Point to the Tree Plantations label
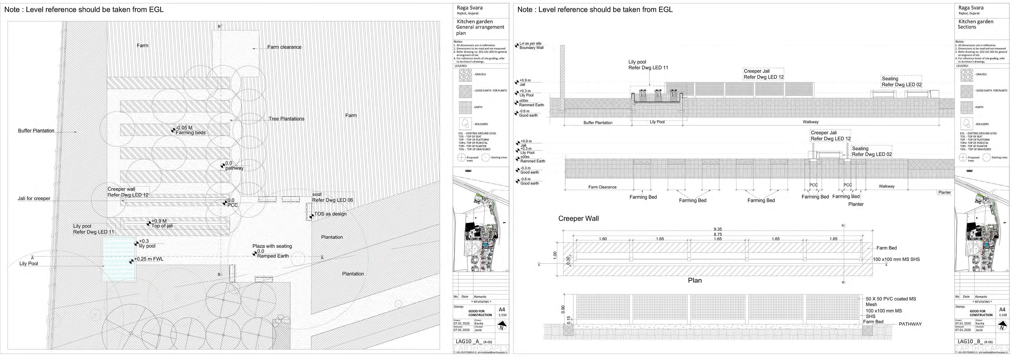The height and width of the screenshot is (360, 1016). (286, 119)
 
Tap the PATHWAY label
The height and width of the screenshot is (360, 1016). (910, 324)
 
